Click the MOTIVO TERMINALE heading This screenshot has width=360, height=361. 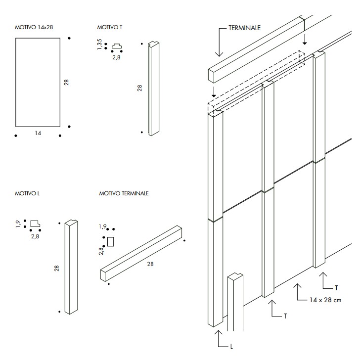tap(124, 193)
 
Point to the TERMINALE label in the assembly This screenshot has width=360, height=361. tap(244, 28)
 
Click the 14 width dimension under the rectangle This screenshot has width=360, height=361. tap(38, 133)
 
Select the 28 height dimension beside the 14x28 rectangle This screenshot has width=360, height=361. tap(66, 82)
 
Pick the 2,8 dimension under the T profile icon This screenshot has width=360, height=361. tap(116, 57)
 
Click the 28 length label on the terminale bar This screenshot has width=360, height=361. tap(150, 264)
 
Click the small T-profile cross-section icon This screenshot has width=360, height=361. tap(117, 47)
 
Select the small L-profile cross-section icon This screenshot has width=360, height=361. tap(35, 224)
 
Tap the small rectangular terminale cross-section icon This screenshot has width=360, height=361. tap(111, 241)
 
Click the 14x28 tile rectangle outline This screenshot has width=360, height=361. tap(38, 82)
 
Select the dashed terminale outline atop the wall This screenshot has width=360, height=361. tap(257, 79)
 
